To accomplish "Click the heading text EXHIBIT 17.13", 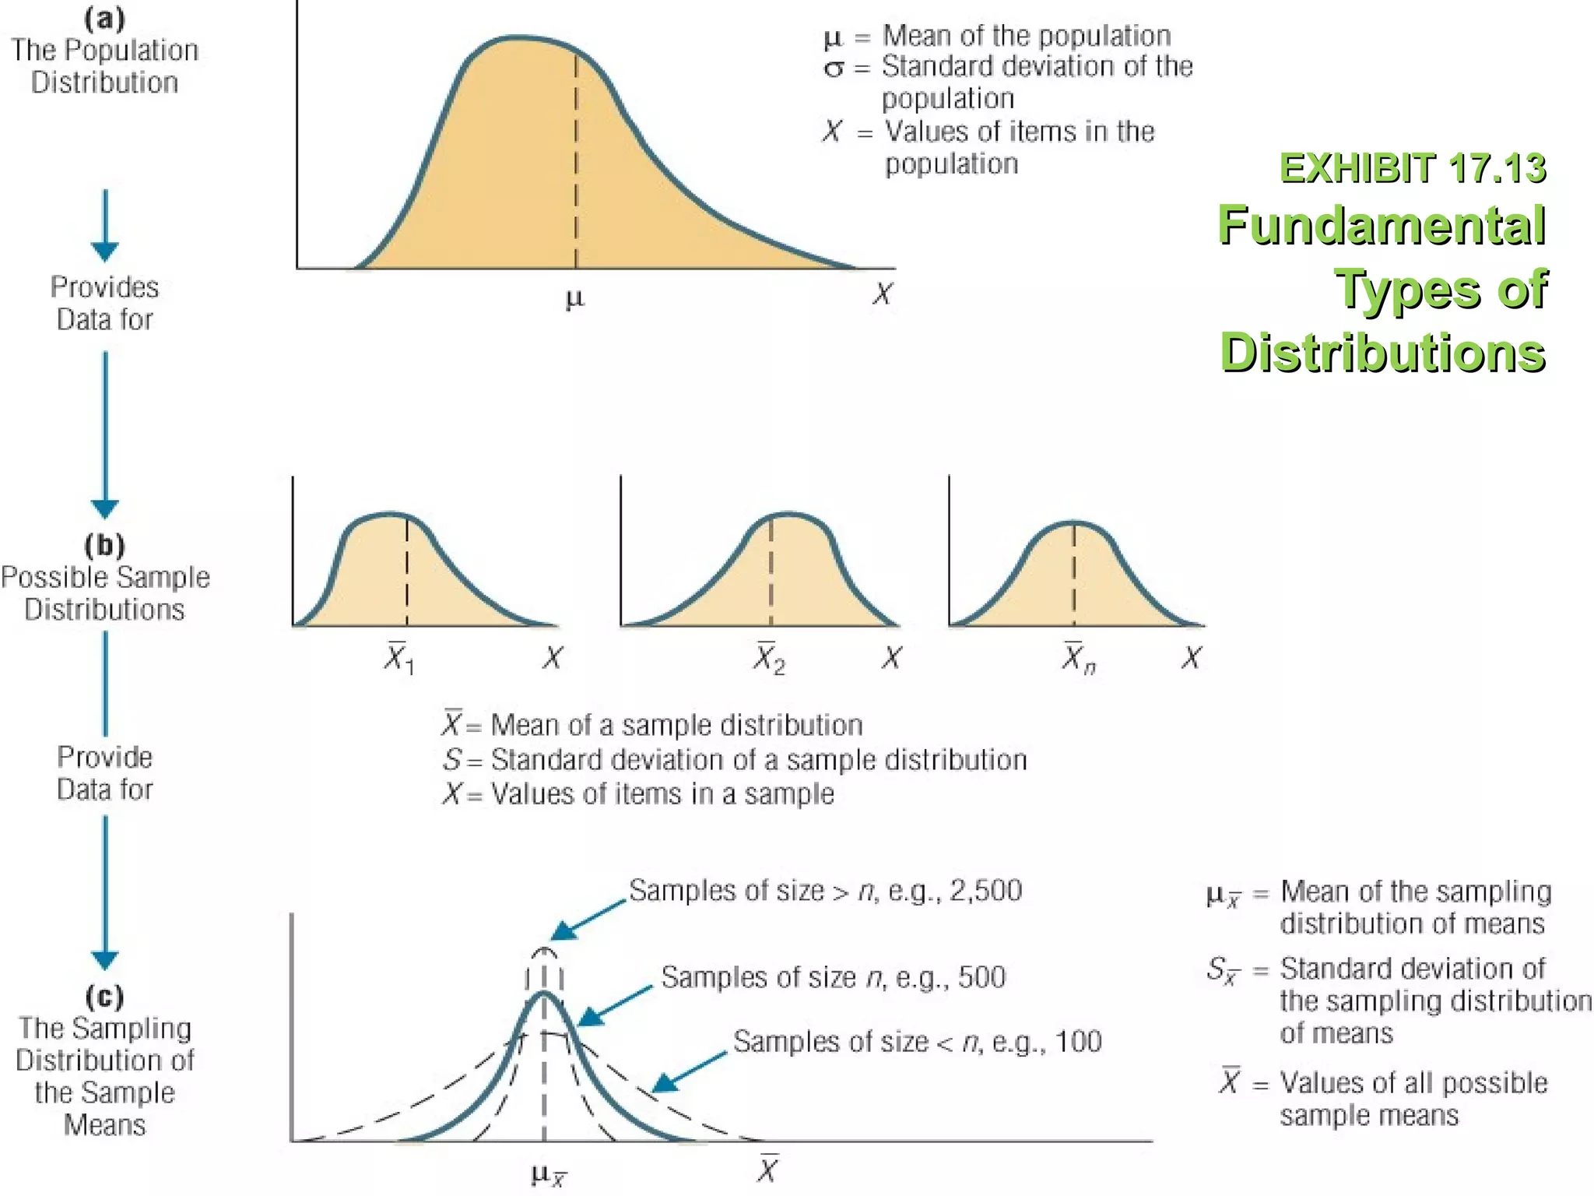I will coord(1412,168).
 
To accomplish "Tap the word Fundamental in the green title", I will coord(1382,226).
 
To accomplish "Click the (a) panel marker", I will coord(104,19).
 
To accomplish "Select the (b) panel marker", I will coord(104,545).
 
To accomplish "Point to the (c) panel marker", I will coord(104,996).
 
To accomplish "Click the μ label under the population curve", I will coord(574,298).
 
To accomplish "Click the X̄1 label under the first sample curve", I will coord(398,658).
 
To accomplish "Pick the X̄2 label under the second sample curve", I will coord(769,658).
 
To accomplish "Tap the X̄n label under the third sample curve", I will coord(1078,658).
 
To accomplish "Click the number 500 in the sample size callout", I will coord(981,977).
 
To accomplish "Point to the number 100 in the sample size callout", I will coord(1078,1042).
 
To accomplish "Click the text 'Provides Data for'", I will coord(104,303).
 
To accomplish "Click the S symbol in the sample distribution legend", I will coord(451,759).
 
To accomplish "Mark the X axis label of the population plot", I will coord(882,294).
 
